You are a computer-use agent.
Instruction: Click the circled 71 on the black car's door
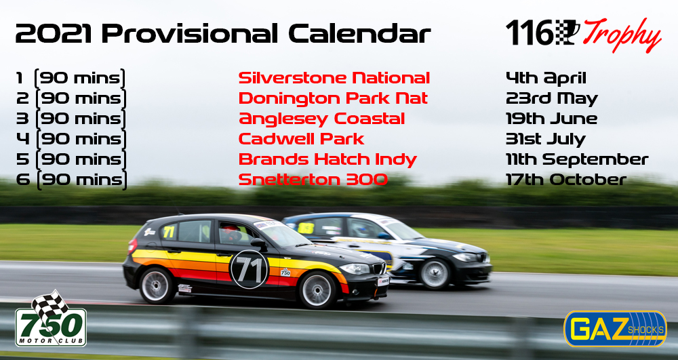click(249, 269)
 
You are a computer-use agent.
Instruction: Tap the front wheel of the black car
click(317, 290)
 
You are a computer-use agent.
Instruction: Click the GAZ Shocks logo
click(615, 329)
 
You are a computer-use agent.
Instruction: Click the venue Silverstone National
click(334, 78)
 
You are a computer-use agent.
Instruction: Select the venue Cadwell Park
click(302, 139)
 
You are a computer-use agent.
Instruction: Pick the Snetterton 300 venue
click(313, 180)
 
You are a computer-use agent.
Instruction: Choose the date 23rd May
click(552, 99)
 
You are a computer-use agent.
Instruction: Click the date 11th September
click(577, 159)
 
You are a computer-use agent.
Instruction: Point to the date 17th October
click(566, 180)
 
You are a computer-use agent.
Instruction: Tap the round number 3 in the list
click(22, 119)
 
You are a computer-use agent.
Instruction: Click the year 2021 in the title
click(54, 34)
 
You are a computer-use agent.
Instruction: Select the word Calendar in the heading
click(360, 34)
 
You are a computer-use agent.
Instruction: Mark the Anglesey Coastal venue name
click(321, 119)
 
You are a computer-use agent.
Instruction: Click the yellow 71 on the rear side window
click(169, 232)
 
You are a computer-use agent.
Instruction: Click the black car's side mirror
click(258, 244)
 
